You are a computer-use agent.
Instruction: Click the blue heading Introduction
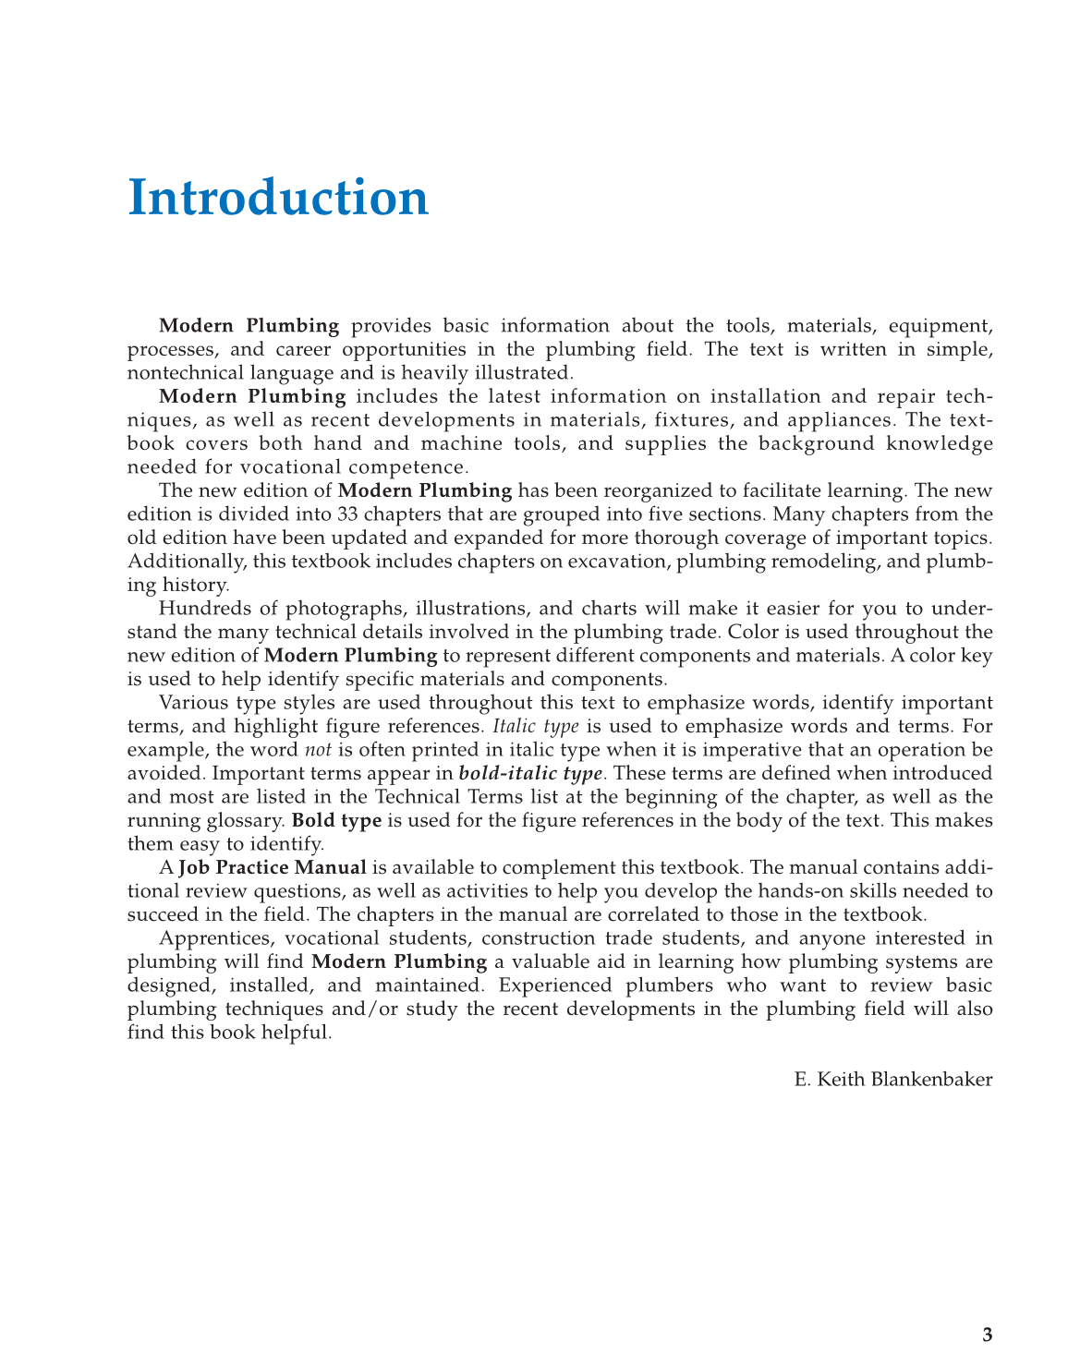(x=278, y=198)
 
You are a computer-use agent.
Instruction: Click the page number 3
(x=987, y=1335)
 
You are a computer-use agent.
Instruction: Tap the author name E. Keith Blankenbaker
(x=892, y=1079)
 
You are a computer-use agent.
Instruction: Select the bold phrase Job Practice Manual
(x=273, y=867)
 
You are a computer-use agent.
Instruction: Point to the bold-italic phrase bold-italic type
(x=530, y=773)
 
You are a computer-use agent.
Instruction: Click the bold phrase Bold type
(x=336, y=820)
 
